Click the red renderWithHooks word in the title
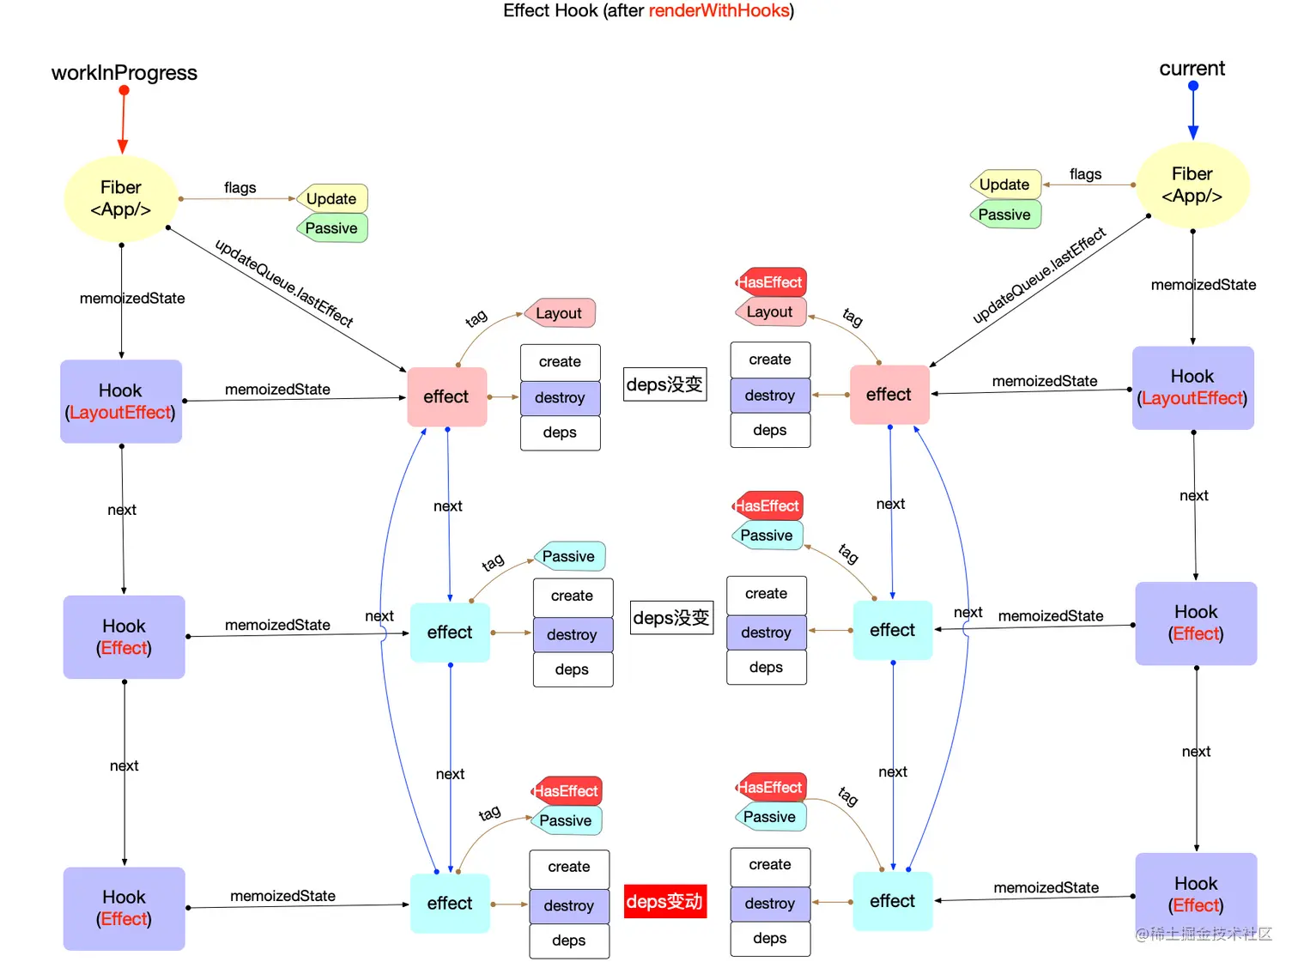pyautogui.click(x=719, y=10)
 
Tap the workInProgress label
pyautogui.click(x=124, y=73)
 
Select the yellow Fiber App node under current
pyautogui.click(x=1192, y=185)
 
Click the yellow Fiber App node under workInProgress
pyautogui.click(x=121, y=199)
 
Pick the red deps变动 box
pyautogui.click(x=664, y=901)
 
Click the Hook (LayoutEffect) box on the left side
pyautogui.click(x=121, y=402)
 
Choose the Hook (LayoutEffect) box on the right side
pyautogui.click(x=1192, y=388)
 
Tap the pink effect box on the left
pyautogui.click(x=446, y=396)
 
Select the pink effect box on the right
pyautogui.click(x=889, y=395)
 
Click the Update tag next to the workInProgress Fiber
pyautogui.click(x=332, y=198)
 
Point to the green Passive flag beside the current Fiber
pyautogui.click(x=1005, y=215)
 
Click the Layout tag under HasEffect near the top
pyautogui.click(x=770, y=312)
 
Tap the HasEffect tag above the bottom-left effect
pyautogui.click(x=567, y=790)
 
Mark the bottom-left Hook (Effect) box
pyautogui.click(x=124, y=908)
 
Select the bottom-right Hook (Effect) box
pyautogui.click(x=1196, y=894)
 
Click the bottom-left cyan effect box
pyautogui.click(x=450, y=903)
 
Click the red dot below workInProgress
pyautogui.click(x=124, y=90)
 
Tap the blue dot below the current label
pyautogui.click(x=1192, y=86)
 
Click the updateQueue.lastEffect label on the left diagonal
pyautogui.click(x=283, y=283)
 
